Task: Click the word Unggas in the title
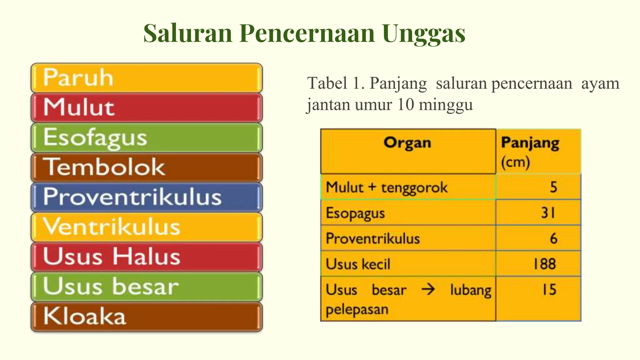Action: [423, 34]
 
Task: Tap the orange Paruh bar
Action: [146, 78]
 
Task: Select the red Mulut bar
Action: [146, 107]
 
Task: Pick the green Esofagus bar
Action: [146, 137]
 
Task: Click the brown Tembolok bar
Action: [146, 167]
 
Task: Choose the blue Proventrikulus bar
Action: [146, 197]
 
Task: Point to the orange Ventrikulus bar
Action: [146, 227]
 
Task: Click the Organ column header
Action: [407, 143]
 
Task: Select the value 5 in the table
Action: [553, 187]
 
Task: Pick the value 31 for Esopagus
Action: [548, 213]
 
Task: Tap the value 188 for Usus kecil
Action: [545, 264]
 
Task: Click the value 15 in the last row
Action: [549, 290]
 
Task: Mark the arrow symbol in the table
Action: [428, 290]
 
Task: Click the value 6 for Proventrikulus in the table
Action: [553, 238]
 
